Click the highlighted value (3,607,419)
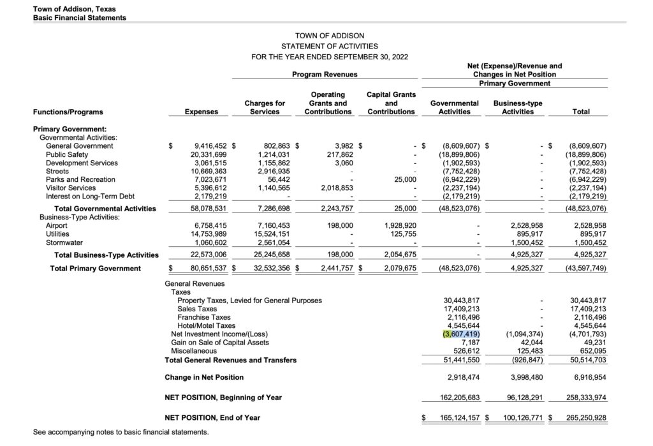(x=461, y=334)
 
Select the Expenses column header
(x=201, y=112)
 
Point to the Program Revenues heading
(x=325, y=74)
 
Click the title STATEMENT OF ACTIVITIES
(x=330, y=46)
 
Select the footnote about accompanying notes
(x=121, y=433)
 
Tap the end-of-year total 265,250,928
(x=581, y=418)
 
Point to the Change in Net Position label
(x=204, y=378)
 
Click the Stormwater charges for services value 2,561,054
(x=272, y=242)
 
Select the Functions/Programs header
(x=68, y=112)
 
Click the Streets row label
(x=57, y=171)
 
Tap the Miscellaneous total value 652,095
(x=591, y=350)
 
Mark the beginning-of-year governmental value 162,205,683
(x=460, y=398)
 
